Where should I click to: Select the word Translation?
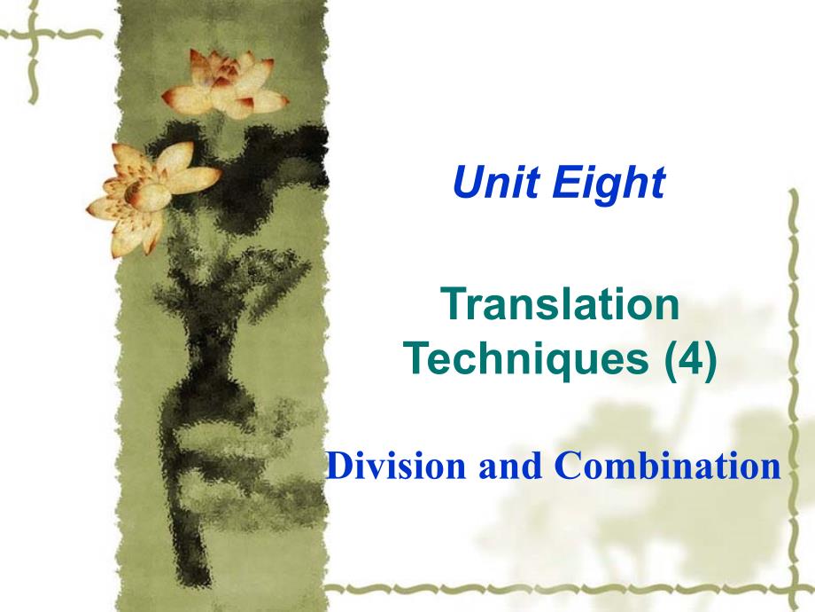click(x=560, y=304)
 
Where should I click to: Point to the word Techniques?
click(x=526, y=360)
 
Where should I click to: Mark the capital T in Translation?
click(x=454, y=304)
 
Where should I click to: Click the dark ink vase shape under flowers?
click(x=208, y=374)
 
